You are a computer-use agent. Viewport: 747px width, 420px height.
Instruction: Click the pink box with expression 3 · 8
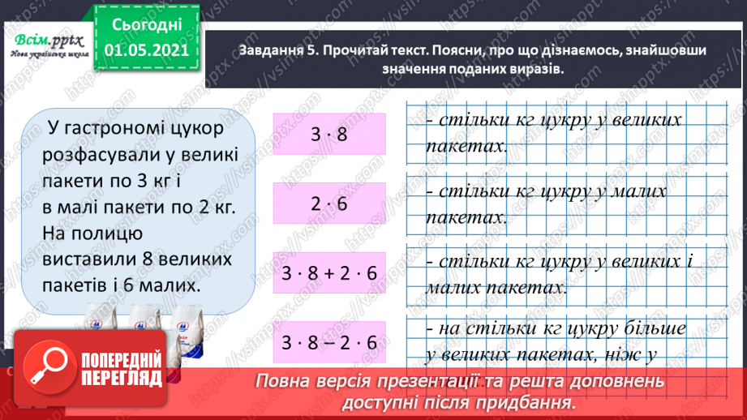(x=328, y=134)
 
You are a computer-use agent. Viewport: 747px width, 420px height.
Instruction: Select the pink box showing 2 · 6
(x=328, y=204)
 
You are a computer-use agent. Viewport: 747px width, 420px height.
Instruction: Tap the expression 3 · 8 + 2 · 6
(x=328, y=273)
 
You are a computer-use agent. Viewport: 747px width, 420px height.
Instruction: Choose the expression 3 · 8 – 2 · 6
(x=328, y=343)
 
